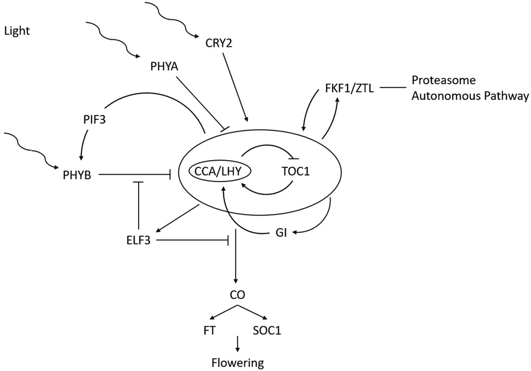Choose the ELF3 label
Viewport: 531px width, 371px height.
tap(138, 241)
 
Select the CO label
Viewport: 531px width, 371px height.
tap(236, 294)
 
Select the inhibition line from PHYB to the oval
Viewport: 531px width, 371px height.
tap(135, 175)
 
